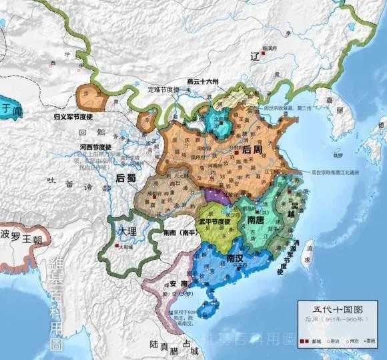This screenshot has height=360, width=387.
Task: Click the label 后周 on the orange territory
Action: pos(252,150)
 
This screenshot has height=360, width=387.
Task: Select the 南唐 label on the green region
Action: pos(258,220)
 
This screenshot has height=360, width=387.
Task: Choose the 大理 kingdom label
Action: pos(126,231)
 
